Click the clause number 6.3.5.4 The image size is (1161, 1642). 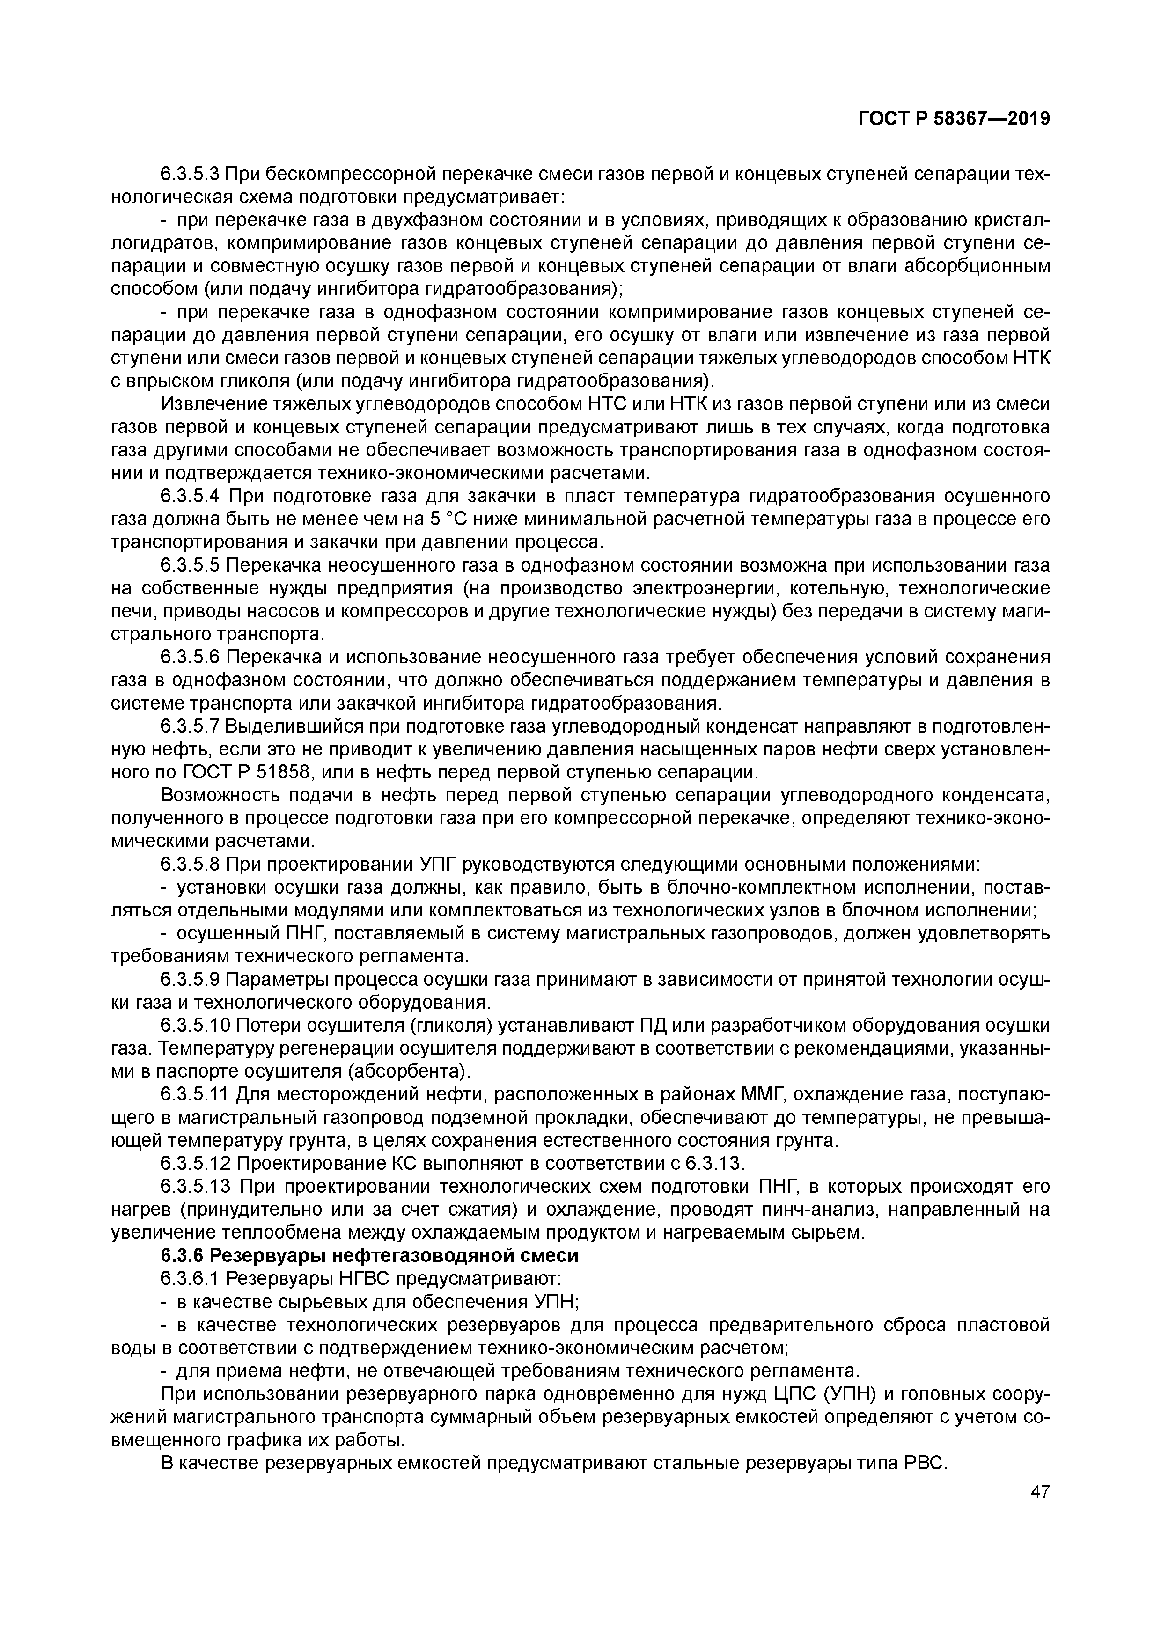point(190,496)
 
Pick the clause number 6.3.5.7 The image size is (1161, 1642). point(190,726)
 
